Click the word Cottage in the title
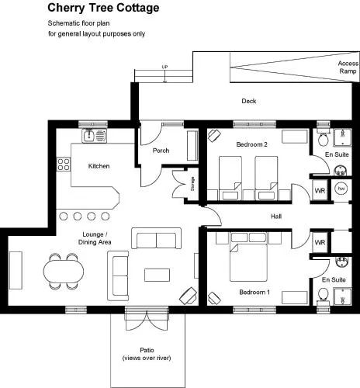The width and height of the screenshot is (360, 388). [x=137, y=8]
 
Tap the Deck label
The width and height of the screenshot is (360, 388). [x=249, y=101]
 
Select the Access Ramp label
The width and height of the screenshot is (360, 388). [x=348, y=68]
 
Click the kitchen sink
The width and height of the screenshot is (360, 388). [x=89, y=135]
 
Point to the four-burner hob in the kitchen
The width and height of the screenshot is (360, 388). [x=64, y=165]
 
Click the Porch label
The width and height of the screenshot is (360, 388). [x=161, y=151]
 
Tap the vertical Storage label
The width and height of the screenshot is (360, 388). [x=192, y=184]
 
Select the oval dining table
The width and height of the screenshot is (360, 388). [x=64, y=271]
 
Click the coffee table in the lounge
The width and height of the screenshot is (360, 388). [x=157, y=275]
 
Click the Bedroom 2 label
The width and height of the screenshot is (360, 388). [x=251, y=144]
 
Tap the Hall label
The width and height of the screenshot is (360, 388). [x=276, y=217]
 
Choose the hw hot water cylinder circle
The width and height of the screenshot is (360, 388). [x=341, y=189]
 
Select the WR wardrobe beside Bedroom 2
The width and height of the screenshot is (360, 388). [x=320, y=191]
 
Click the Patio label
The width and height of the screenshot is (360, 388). [x=147, y=350]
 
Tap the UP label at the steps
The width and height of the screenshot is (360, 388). [x=164, y=67]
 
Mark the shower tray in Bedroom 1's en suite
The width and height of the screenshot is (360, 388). [x=342, y=296]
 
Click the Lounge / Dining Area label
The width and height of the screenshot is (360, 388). [x=95, y=238]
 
